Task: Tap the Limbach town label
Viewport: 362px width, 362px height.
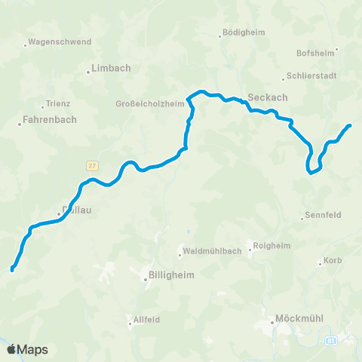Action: point(111,68)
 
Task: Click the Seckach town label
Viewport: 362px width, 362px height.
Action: point(264,97)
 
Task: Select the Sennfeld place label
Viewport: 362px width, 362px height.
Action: point(324,215)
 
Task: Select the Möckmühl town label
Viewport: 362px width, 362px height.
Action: point(300,318)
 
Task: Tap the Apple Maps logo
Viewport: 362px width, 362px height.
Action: point(28,349)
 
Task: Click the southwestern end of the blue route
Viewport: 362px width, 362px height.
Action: point(12,269)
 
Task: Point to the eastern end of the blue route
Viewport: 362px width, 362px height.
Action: point(350,125)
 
